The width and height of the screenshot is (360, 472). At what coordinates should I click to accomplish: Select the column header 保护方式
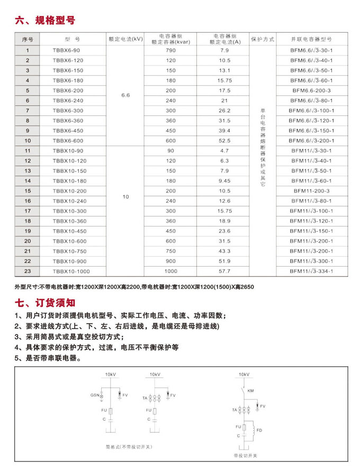[263, 40]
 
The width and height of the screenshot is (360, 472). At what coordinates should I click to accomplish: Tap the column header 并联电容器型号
[311, 40]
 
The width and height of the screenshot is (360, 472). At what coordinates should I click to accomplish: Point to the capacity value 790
[170, 50]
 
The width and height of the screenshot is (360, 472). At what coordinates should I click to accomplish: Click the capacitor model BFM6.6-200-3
[311, 90]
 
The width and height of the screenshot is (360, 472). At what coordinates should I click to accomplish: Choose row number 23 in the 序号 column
[28, 271]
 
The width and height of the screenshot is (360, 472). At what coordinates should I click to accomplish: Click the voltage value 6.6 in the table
[125, 95]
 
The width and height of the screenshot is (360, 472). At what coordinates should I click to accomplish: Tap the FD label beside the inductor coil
[259, 430]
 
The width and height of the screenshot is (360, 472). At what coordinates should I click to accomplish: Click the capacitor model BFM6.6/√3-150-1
[311, 131]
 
